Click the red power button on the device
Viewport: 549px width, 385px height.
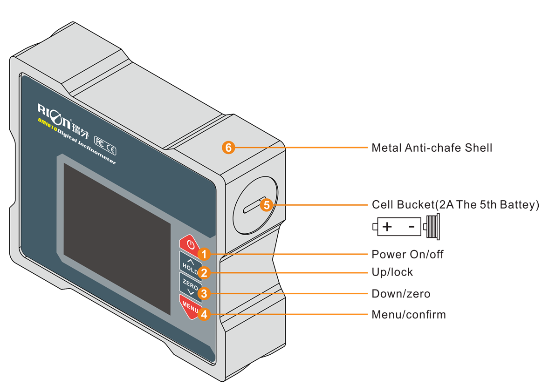[188, 243]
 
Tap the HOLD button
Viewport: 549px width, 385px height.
[188, 264]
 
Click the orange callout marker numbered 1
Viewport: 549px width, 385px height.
[203, 254]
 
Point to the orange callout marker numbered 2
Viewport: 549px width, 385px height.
[203, 272]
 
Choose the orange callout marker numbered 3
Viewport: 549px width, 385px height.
[203, 293]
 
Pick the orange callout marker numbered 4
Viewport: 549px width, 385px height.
[203, 314]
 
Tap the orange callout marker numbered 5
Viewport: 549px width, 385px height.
[266, 204]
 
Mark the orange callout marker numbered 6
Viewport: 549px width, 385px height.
[228, 148]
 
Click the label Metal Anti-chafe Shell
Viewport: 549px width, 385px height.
[432, 148]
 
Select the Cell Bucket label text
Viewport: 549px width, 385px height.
[455, 205]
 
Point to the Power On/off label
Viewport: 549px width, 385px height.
[407, 254]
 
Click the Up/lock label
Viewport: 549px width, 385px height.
[392, 272]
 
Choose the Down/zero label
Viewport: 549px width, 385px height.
[401, 294]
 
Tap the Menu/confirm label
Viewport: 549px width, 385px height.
[408, 315]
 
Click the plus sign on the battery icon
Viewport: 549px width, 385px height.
[387, 227]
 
